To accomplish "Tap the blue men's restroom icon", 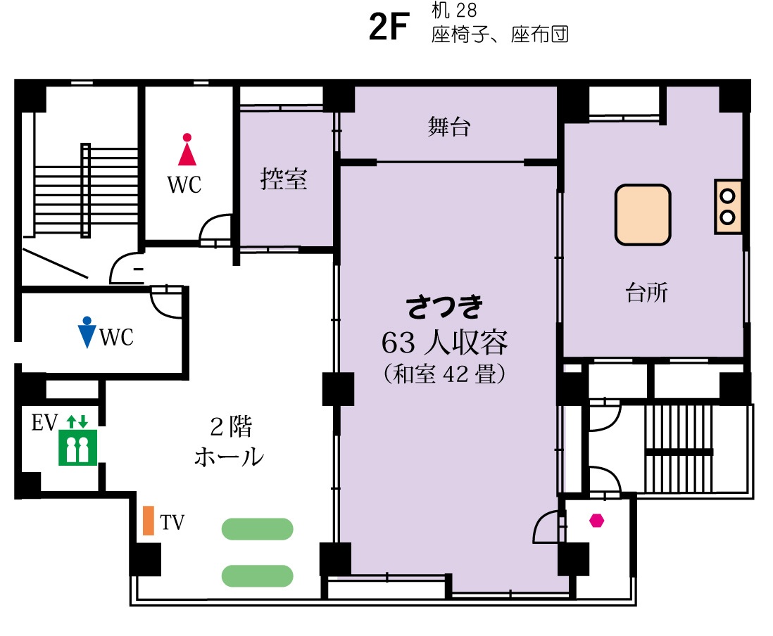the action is pos(87,332).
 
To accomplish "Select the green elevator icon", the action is pos(77,447).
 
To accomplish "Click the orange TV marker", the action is pos(148,520).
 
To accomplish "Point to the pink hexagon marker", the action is pos(596,521).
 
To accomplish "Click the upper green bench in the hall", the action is pos(258,529).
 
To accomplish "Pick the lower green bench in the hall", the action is pos(258,576).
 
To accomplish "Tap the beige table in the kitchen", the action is pos(643,215).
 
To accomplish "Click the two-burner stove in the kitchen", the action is pos(728,206).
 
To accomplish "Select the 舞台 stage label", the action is pos(449,127).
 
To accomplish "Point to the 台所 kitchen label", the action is pos(647,292).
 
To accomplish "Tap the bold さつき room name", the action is pos(444,307).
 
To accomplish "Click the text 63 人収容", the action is pos(444,343).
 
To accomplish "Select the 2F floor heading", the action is pos(389,27).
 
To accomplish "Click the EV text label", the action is pos(44,423).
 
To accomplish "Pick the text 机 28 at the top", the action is pos(454,10).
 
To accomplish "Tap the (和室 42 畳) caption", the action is pos(444,374).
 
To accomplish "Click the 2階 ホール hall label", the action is pos(230,442).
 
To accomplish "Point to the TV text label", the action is pos(172,522).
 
